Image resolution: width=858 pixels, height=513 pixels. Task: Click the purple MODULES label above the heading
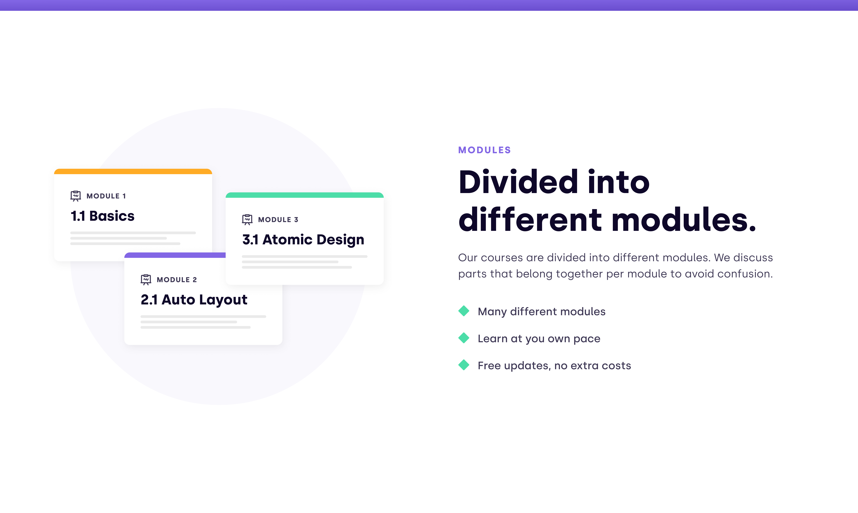click(x=484, y=150)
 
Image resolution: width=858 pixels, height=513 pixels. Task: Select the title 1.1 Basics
click(x=102, y=216)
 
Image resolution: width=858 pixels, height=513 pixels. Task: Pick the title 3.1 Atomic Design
click(x=303, y=240)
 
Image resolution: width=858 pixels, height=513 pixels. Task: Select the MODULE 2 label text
click(x=176, y=280)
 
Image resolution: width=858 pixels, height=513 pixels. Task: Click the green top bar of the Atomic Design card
click(x=305, y=195)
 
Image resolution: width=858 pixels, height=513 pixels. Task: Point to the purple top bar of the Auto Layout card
click(x=175, y=255)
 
